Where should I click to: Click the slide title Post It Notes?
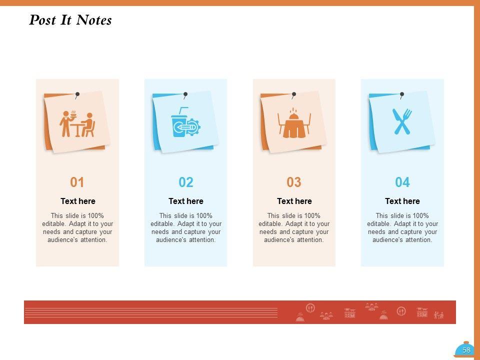point(70,20)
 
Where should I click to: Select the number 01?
point(77,182)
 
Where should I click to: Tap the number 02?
point(186,182)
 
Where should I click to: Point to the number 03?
point(294,182)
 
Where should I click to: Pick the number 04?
point(402,182)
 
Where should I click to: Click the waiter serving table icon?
point(77,123)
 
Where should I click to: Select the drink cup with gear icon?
point(185,122)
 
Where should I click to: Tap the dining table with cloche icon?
point(294,123)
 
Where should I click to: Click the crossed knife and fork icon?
point(402,121)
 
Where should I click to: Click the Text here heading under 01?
point(78,201)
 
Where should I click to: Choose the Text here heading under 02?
point(186,201)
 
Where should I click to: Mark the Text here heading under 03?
point(294,201)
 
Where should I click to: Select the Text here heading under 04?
point(402,201)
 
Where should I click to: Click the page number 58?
point(466,350)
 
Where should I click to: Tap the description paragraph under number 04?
point(402,228)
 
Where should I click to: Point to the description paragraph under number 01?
point(77,228)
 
